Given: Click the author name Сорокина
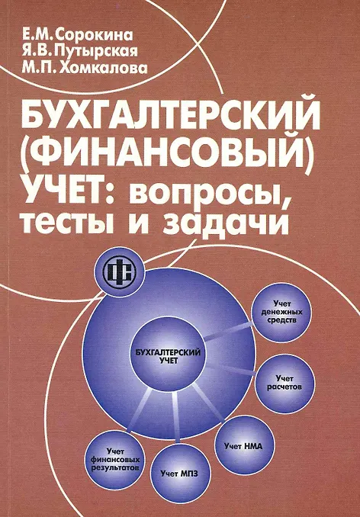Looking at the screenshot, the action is (95, 34).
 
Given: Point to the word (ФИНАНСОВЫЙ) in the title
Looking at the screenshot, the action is (168, 154).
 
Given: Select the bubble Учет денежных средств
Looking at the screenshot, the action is (281, 312).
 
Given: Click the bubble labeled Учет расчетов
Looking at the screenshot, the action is (284, 384).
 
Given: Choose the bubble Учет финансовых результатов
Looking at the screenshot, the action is (117, 459).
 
